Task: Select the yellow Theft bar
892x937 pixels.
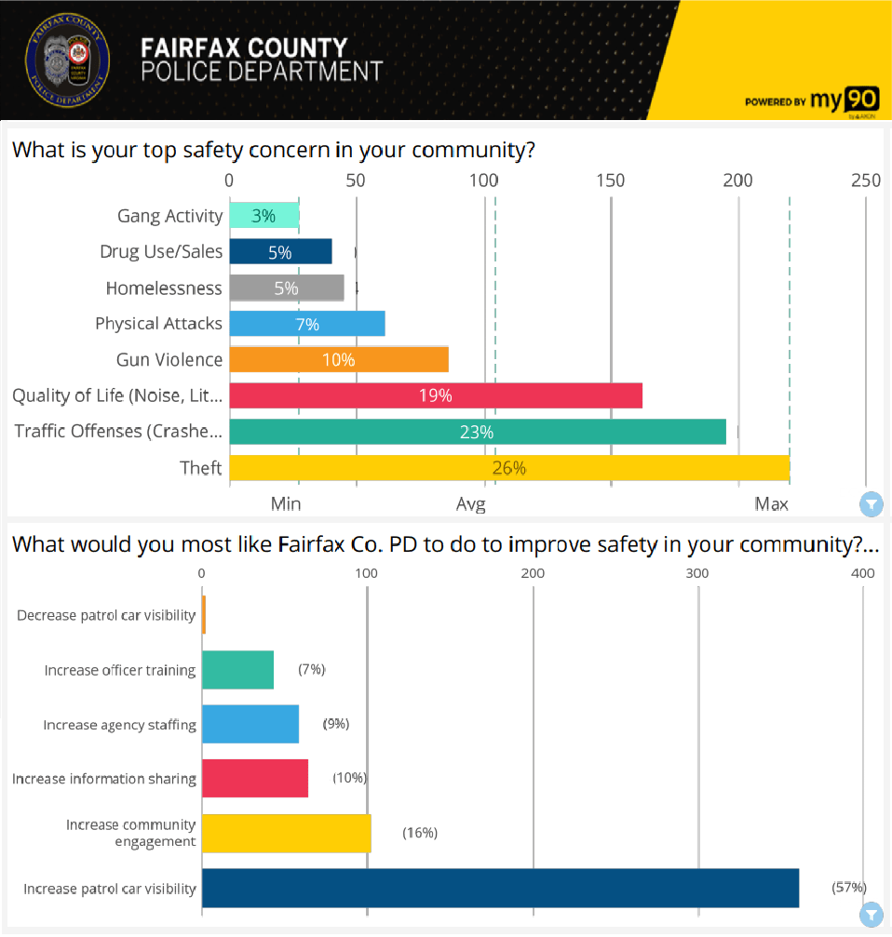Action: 508,468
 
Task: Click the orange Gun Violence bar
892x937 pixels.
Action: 339,360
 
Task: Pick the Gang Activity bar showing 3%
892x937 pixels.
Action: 264,216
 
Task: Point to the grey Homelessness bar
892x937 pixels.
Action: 286,288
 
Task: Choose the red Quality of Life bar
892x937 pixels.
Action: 435,395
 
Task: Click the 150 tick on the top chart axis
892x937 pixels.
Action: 611,181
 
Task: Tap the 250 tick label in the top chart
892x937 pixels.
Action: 865,181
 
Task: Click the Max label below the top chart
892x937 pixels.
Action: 771,504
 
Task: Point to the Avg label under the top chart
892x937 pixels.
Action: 471,504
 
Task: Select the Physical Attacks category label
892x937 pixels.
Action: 158,324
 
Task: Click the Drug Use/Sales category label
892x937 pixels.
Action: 161,252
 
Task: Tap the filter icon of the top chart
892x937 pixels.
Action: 871,505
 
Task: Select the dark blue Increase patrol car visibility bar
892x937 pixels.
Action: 500,888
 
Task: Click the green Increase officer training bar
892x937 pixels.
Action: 237,670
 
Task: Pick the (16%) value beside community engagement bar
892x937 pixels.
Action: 420,833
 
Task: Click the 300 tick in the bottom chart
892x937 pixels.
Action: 698,573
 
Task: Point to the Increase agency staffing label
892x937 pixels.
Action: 119,725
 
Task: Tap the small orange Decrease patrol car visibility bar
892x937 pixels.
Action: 204,615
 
